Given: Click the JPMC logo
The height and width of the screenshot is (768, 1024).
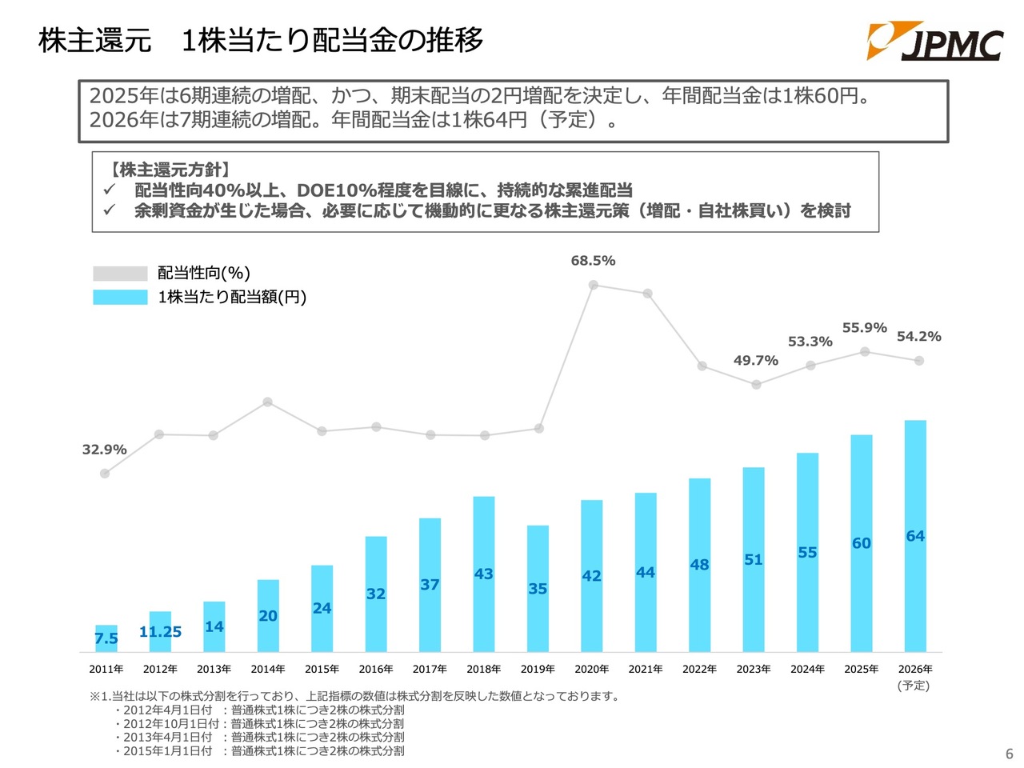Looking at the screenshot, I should [x=934, y=42].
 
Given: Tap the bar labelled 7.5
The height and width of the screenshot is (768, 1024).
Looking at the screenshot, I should [x=106, y=638].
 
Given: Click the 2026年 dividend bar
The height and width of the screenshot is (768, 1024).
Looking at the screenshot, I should [x=915, y=535].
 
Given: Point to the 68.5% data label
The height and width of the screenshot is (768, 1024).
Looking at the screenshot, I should [x=593, y=261].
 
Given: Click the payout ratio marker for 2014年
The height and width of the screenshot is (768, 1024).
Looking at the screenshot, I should [x=268, y=402].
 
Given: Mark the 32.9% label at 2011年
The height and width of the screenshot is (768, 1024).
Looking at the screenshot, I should [x=104, y=450].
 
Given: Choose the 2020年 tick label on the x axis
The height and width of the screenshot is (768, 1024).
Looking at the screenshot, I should [x=591, y=669].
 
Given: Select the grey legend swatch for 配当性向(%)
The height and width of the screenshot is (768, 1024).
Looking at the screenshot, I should [x=120, y=274].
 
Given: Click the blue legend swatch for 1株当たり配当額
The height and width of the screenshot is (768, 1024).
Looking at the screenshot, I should [x=120, y=297].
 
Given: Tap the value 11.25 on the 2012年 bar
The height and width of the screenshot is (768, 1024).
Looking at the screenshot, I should [x=160, y=632].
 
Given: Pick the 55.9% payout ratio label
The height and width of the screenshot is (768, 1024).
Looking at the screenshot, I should [x=864, y=328].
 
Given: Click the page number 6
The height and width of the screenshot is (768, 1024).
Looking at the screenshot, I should [x=1009, y=754].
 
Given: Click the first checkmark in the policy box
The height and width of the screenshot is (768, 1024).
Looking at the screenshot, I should [x=110, y=190].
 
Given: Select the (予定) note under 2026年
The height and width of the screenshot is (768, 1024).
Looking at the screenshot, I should [x=914, y=686].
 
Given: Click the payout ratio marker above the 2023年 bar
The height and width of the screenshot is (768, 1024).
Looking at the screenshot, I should [x=756, y=385].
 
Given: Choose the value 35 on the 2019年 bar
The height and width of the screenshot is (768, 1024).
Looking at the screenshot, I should [x=538, y=589].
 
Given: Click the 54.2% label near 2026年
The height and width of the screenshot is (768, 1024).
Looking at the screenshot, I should [x=918, y=337].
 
